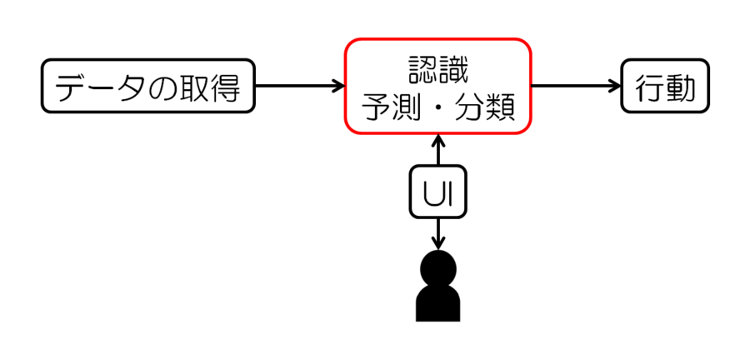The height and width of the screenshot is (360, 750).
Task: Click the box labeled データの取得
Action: point(147,86)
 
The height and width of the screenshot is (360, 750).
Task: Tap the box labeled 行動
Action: point(664,86)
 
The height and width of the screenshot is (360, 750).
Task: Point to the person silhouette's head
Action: point(438,268)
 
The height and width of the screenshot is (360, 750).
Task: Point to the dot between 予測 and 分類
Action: point(438,107)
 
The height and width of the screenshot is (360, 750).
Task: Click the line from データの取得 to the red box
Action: point(296,85)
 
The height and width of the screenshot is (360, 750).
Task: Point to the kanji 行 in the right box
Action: point(647,86)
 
